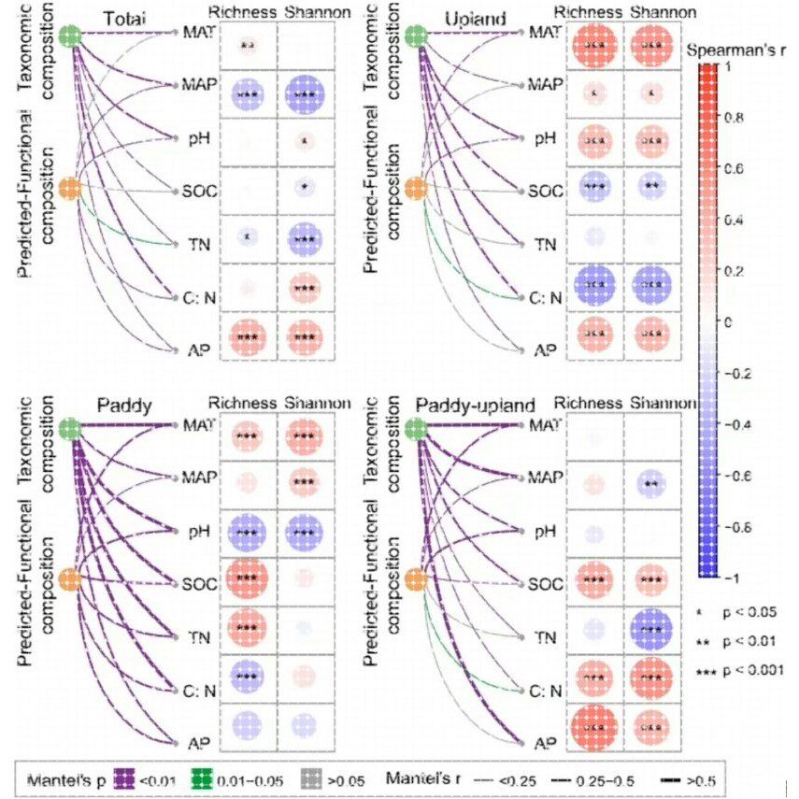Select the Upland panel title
478,18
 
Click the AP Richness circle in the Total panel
248,335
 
